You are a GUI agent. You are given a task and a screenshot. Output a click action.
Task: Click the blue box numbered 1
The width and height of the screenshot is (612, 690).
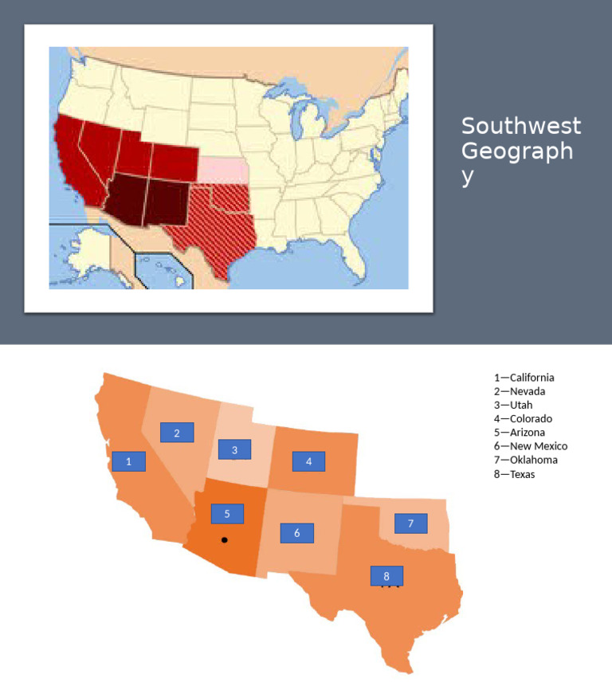click(129, 461)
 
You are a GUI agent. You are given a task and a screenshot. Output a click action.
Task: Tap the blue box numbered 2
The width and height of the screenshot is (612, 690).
click(177, 433)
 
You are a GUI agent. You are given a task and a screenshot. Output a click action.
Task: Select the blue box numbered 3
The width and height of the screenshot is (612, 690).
click(234, 450)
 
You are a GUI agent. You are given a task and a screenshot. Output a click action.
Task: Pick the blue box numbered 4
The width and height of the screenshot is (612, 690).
click(308, 461)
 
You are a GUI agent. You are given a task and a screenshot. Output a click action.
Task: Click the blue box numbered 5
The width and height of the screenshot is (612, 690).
click(227, 514)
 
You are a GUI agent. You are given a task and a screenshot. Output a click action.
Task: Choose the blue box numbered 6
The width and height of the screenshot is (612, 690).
click(296, 533)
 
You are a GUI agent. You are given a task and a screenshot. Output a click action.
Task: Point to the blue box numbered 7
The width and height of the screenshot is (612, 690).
click(410, 523)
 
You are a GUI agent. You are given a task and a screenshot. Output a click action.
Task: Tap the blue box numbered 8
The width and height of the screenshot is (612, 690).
click(386, 575)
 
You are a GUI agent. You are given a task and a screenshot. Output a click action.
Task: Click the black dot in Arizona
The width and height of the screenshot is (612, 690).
click(225, 540)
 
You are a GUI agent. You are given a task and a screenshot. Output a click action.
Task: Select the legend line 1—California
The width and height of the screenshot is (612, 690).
click(524, 378)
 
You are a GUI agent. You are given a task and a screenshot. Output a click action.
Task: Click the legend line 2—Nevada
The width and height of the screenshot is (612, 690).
click(520, 391)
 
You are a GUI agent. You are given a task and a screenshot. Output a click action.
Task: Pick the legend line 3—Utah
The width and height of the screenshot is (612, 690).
click(514, 405)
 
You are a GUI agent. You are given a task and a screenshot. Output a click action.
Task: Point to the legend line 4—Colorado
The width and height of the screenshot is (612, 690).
click(523, 418)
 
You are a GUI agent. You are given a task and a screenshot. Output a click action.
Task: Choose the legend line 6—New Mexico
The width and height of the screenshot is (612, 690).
click(531, 446)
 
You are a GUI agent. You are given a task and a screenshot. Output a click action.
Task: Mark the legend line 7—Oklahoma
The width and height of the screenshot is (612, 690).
click(526, 460)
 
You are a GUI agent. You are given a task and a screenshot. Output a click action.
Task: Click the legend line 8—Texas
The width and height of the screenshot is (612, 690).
click(515, 474)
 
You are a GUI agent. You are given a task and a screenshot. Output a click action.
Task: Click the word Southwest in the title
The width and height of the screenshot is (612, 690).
click(521, 126)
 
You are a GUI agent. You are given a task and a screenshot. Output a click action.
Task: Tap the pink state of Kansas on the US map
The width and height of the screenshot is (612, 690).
click(222, 169)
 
